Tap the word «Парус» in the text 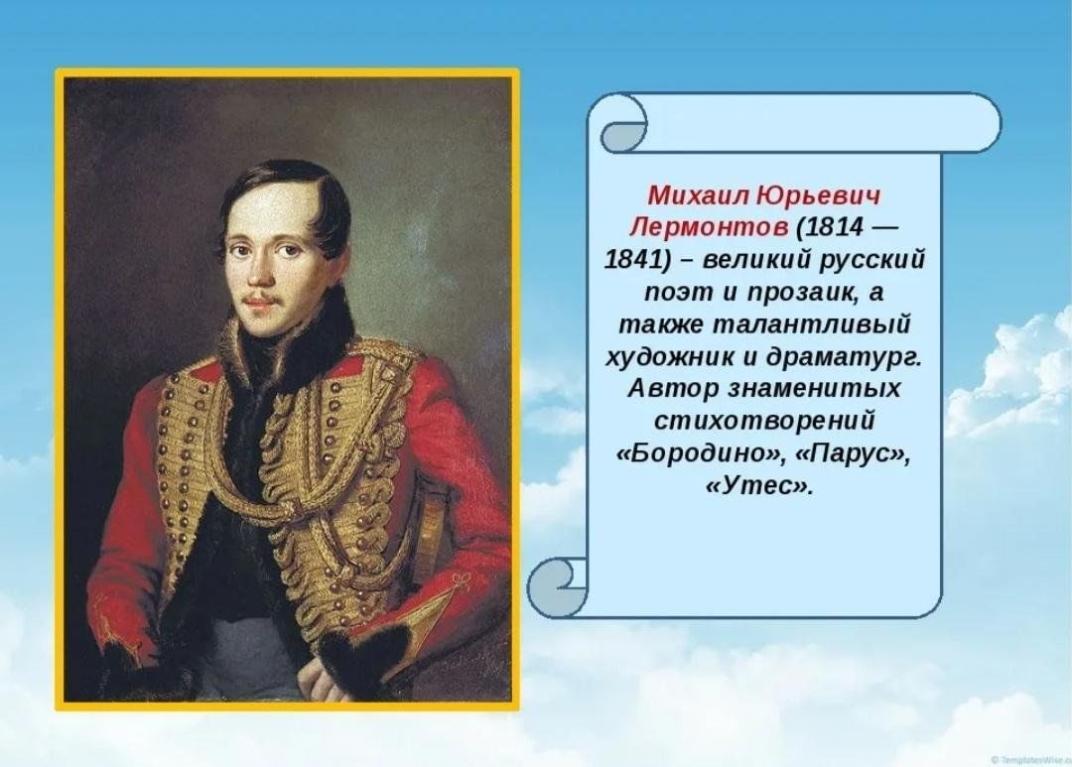(x=852, y=453)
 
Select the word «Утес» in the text (x=758, y=485)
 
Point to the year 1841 (x=633, y=260)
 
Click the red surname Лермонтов (x=709, y=227)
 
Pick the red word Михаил (x=699, y=195)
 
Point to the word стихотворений (x=764, y=421)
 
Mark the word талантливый (x=812, y=324)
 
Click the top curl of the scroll (x=622, y=123)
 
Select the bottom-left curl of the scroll (x=557, y=587)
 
